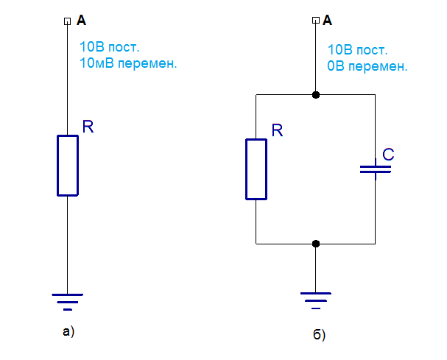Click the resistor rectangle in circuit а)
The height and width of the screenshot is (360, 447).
point(67,166)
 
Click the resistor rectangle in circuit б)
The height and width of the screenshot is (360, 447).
point(256,169)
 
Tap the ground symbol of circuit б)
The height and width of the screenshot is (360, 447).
point(316,299)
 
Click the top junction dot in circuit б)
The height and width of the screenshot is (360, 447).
point(316,95)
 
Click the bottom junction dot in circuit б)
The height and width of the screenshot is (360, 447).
point(316,243)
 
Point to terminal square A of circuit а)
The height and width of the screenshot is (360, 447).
point(67,21)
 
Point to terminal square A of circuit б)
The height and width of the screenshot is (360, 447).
point(316,21)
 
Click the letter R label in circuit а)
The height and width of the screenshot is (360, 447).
point(88,127)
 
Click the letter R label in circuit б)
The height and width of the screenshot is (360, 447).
point(277,131)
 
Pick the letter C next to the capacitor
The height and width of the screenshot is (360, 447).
point(388,155)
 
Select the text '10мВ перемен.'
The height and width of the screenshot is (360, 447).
point(128,63)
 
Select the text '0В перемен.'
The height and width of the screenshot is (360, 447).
point(367,66)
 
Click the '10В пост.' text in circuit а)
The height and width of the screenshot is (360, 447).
point(108,47)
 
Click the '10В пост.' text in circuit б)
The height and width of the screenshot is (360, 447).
point(357,50)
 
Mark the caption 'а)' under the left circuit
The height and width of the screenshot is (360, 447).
point(68,331)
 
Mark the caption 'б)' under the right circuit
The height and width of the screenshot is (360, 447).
point(318,336)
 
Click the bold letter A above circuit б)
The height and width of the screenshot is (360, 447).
point(328,21)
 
